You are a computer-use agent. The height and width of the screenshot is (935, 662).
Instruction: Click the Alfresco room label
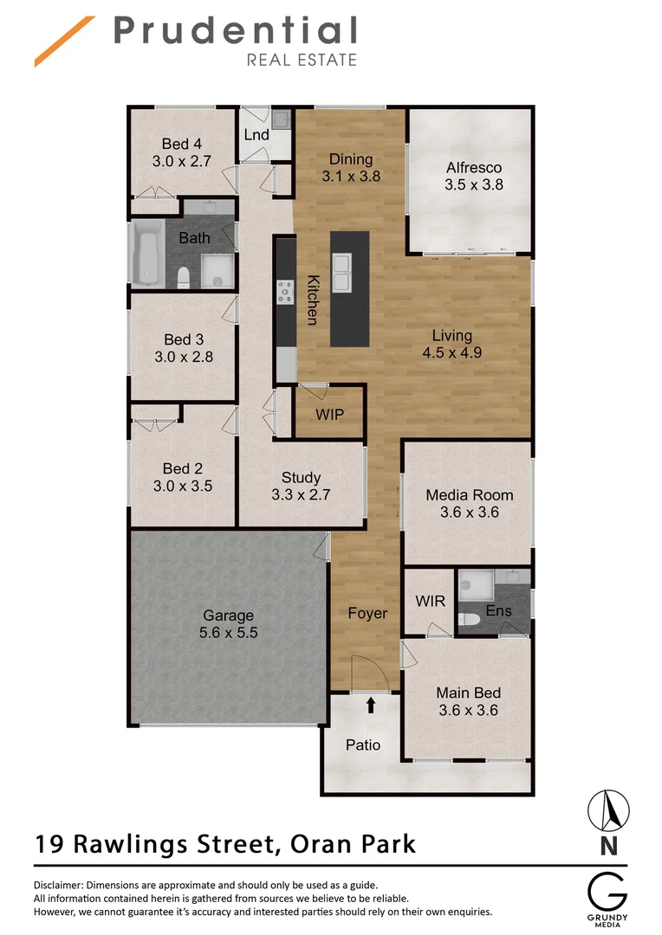coord(474,168)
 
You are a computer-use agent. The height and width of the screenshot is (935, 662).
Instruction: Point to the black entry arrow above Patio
coord(371,705)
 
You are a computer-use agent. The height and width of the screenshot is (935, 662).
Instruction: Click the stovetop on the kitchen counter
coord(284,292)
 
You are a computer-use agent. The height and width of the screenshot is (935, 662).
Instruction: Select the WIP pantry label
coord(329,415)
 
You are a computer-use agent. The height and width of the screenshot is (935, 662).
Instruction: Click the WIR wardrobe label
coord(430,600)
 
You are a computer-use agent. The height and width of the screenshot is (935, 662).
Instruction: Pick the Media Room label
coord(469,495)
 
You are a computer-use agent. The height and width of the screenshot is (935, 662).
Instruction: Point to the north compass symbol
coord(609,810)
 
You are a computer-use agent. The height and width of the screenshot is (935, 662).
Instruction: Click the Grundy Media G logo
coord(609,891)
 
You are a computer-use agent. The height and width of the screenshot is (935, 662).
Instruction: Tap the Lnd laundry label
coord(256,135)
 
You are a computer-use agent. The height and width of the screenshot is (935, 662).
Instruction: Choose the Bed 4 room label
coord(182,144)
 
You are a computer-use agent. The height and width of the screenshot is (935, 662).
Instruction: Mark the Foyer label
coord(367,613)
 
